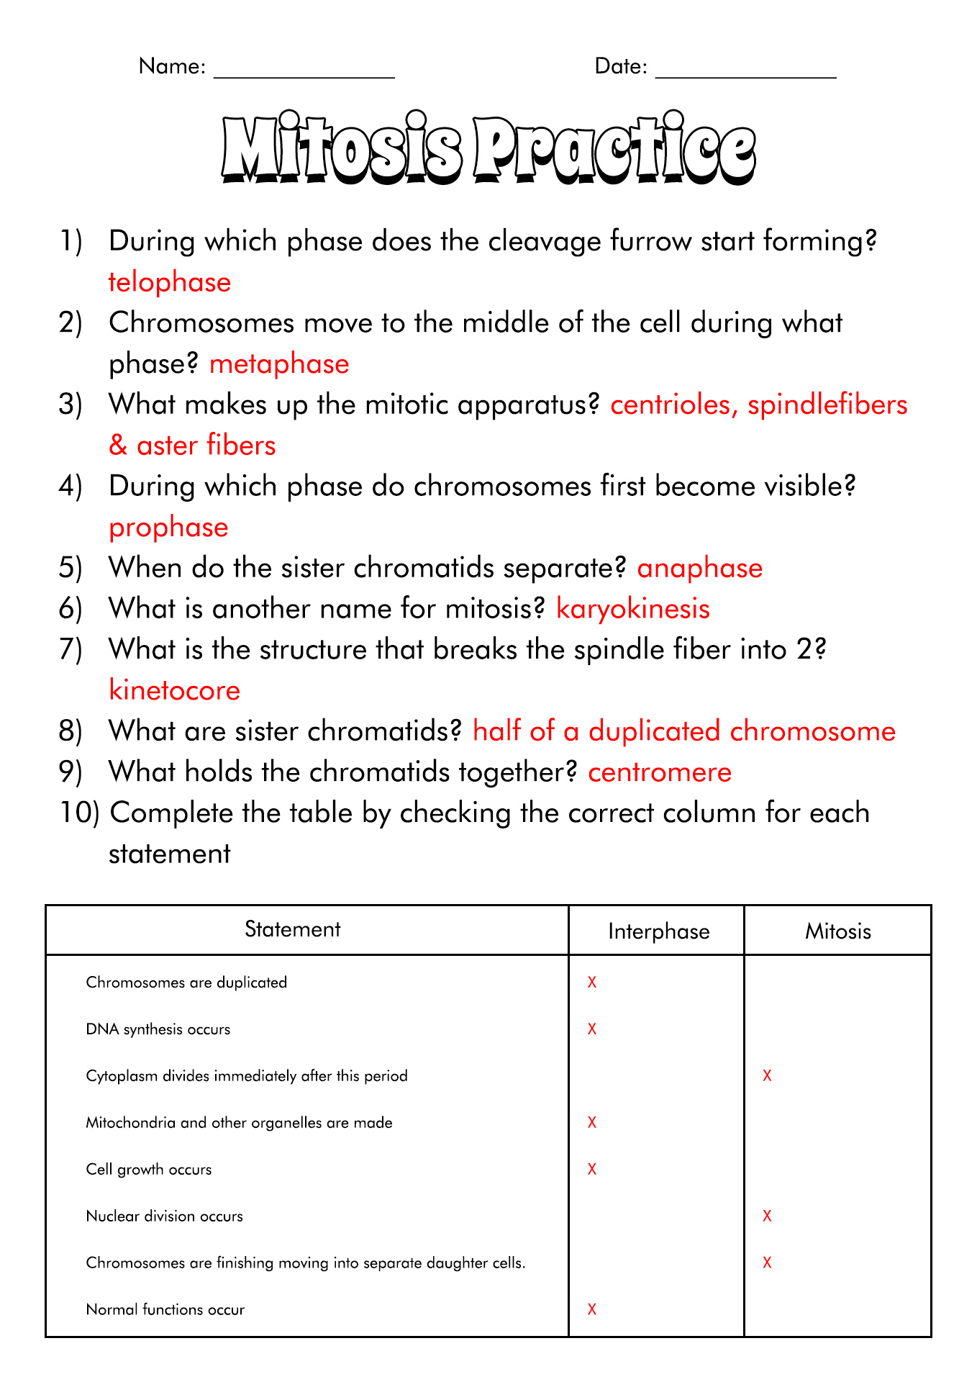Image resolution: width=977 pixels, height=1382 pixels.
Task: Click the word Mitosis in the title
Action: click(x=341, y=150)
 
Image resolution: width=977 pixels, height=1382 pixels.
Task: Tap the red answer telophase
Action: click(x=170, y=282)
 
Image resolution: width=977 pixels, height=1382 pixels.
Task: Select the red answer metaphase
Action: click(x=279, y=364)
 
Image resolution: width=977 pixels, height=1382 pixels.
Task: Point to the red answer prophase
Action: click(x=168, y=528)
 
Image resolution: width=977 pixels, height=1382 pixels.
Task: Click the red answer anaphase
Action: click(x=699, y=568)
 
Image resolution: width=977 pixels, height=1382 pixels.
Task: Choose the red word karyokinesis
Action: click(x=633, y=609)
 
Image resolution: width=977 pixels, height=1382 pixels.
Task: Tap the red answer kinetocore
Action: click(x=174, y=690)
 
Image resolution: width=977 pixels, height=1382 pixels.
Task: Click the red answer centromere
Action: click(x=660, y=772)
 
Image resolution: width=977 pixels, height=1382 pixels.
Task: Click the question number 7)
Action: click(x=71, y=649)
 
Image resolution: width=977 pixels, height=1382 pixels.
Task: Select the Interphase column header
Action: click(x=658, y=931)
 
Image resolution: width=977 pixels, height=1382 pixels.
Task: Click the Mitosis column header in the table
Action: click(x=837, y=931)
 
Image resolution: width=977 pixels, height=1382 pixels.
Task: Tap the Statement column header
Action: click(x=292, y=929)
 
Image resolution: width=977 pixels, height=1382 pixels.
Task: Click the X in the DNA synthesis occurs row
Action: click(x=592, y=1029)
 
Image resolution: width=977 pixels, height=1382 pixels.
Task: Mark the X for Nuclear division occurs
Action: click(x=767, y=1216)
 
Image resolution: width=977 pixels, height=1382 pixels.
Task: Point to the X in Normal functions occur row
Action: click(x=592, y=1309)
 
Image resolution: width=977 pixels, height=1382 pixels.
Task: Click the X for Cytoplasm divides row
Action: click(x=767, y=1076)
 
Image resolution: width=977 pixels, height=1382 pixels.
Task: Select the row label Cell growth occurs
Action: click(x=149, y=1170)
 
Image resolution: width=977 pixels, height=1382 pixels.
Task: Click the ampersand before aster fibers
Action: click(x=118, y=446)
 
